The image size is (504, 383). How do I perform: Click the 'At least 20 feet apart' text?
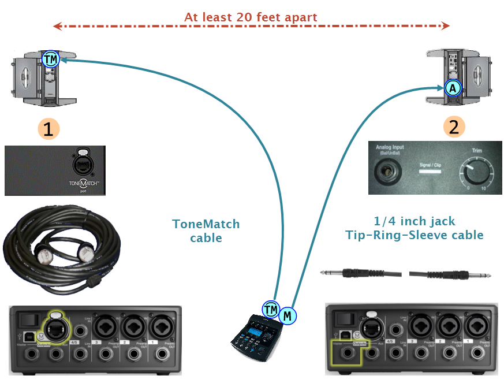[251, 17]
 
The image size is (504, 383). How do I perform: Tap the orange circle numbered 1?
[48, 129]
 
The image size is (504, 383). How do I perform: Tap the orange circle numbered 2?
[454, 127]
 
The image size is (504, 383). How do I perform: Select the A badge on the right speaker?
[453, 88]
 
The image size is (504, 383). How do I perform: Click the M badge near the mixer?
[287, 315]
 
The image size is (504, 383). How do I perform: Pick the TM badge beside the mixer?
[270, 310]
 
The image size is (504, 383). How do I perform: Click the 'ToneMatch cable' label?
[206, 230]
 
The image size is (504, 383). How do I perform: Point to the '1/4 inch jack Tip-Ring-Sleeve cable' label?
[414, 228]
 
